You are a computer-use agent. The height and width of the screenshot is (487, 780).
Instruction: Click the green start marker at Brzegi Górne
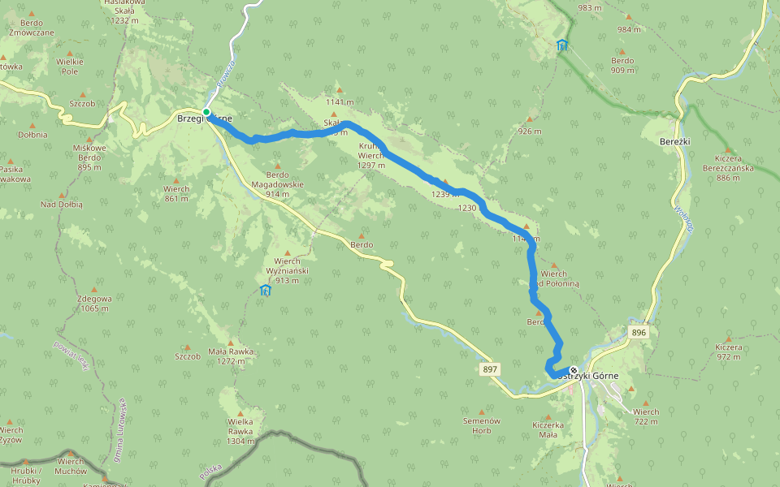click(x=206, y=112)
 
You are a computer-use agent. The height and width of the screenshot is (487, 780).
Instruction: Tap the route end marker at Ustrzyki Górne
click(x=574, y=370)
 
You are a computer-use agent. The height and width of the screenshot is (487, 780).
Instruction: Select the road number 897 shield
click(x=490, y=369)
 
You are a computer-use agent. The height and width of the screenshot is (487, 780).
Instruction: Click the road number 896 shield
click(x=639, y=333)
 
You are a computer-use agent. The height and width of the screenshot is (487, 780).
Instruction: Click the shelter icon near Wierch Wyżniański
click(x=265, y=290)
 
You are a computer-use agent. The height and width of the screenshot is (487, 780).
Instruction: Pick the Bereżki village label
click(x=675, y=140)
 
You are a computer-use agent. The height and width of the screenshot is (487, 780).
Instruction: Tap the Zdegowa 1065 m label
click(x=93, y=303)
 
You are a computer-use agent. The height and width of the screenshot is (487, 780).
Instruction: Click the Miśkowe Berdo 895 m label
click(x=89, y=157)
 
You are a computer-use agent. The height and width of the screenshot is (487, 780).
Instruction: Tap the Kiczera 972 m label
click(x=729, y=351)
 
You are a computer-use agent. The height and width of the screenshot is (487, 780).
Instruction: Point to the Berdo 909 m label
click(x=622, y=65)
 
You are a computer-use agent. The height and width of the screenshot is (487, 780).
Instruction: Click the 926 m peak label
click(x=529, y=131)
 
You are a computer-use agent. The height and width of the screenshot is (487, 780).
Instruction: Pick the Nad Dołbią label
click(x=62, y=205)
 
